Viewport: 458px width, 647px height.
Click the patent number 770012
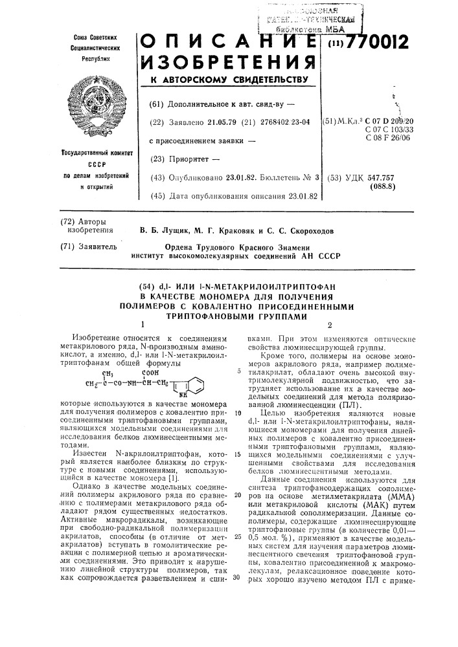tap(375, 43)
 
